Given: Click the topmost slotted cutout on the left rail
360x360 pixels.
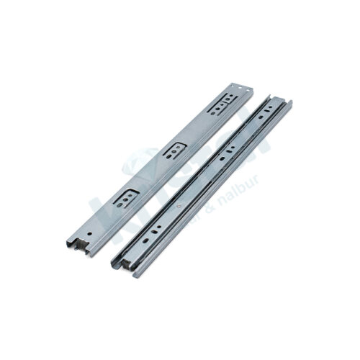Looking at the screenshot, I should click(x=222, y=104).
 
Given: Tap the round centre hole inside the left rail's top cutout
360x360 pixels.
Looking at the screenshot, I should click(x=222, y=104).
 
